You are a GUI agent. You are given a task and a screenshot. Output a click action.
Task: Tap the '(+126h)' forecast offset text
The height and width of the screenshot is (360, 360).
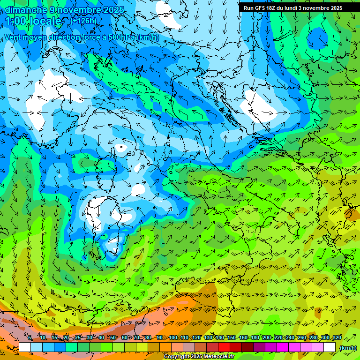83,21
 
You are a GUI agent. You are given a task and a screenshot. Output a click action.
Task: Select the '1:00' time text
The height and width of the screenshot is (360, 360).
15,21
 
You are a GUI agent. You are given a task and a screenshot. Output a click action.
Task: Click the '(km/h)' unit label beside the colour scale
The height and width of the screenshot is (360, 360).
348,348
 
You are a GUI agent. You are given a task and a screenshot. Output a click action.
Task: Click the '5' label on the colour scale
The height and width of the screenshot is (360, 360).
30,338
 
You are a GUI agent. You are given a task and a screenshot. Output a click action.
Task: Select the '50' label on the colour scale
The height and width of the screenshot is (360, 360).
113,338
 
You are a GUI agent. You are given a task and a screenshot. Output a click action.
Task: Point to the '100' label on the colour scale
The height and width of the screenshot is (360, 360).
173,338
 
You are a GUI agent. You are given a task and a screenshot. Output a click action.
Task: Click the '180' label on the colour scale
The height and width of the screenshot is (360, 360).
255,338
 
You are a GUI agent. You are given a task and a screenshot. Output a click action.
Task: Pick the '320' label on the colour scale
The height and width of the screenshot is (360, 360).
337,338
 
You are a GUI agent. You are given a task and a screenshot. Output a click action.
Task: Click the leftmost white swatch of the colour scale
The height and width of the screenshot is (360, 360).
25,347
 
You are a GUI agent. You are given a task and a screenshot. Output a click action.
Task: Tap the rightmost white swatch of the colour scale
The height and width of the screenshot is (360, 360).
330,347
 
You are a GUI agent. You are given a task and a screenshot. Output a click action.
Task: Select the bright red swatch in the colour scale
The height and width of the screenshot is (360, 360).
224,347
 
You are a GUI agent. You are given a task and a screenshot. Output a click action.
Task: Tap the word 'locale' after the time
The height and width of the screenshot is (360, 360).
45,21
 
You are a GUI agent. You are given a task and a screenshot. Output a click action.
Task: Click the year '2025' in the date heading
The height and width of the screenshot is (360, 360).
113,10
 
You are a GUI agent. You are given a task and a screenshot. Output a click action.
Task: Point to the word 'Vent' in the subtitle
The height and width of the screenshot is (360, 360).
13,37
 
